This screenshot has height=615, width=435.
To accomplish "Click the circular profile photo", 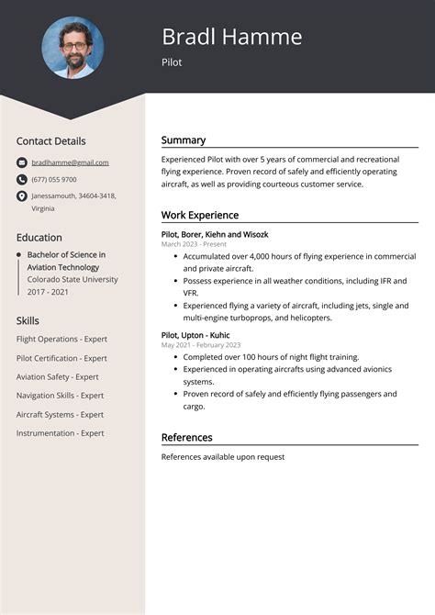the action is (x=72, y=48).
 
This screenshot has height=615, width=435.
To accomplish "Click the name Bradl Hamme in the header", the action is (x=231, y=37).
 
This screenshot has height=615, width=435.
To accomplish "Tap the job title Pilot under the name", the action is (x=172, y=62).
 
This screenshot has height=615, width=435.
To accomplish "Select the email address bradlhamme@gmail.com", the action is (x=70, y=162).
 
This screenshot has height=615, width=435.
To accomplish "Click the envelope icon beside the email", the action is (x=22, y=162).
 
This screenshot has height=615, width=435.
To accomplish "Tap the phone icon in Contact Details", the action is (x=22, y=179).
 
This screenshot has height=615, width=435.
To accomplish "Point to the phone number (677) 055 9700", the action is (x=54, y=179).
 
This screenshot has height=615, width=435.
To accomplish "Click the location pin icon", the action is (x=22, y=196).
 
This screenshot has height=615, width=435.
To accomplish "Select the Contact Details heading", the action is (x=50, y=141).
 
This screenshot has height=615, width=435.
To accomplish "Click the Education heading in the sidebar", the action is (x=39, y=237).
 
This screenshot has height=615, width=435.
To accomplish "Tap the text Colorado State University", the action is (x=72, y=279).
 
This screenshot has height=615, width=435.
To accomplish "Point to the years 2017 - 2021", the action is (x=47, y=292).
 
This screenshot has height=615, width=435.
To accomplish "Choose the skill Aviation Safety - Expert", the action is (x=57, y=376).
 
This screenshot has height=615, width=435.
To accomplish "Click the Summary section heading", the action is (x=184, y=140).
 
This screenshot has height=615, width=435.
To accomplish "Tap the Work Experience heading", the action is (x=200, y=215).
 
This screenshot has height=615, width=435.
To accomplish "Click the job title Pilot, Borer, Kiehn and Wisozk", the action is (x=215, y=234).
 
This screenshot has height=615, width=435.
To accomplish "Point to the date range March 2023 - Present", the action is (x=194, y=244).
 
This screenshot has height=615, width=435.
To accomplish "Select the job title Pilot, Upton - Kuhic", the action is (x=196, y=334).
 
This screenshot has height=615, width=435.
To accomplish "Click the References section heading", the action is (x=186, y=438).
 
